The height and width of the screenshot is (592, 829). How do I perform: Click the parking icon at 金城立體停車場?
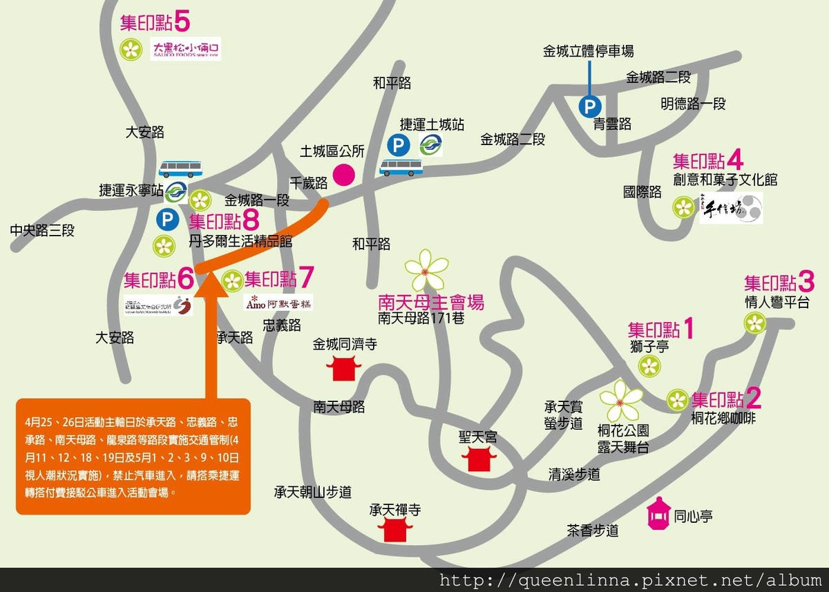click(589, 106)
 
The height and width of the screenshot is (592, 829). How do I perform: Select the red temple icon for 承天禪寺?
click(395, 530)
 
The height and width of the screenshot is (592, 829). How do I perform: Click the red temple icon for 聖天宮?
click(478, 457)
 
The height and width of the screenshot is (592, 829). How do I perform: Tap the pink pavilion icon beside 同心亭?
click(658, 514)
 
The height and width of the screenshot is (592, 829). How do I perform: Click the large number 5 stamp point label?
click(182, 22)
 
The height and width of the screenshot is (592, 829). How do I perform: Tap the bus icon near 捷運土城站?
click(401, 166)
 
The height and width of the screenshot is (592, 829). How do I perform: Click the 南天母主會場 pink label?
click(431, 302)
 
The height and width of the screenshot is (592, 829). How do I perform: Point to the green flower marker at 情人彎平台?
click(755, 322)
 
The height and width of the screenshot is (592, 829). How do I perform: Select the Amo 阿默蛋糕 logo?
click(278, 302)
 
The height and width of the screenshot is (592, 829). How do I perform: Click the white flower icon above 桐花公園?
click(620, 399)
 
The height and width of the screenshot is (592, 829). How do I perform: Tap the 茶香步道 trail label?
click(592, 531)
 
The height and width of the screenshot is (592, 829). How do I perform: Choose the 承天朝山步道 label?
click(312, 492)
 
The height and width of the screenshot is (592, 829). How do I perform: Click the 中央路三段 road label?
click(42, 231)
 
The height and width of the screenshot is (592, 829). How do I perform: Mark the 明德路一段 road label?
click(693, 104)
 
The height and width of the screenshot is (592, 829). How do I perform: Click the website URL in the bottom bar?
click(631, 580)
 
